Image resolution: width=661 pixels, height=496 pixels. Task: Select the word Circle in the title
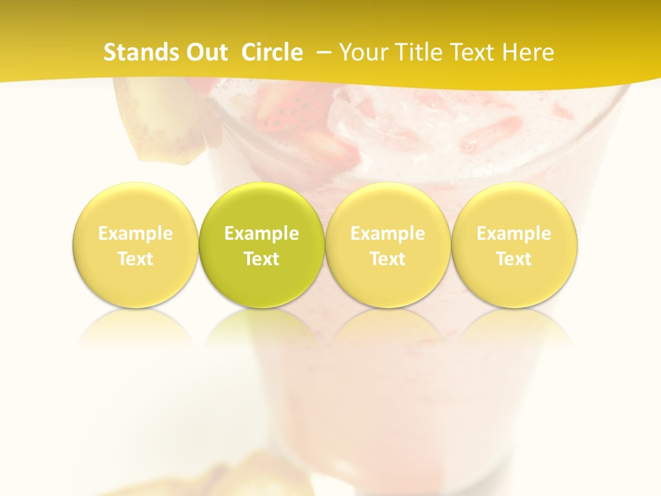(x=272, y=52)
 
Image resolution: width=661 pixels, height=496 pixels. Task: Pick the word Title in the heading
(x=419, y=52)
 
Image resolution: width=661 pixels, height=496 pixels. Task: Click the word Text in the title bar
(x=474, y=52)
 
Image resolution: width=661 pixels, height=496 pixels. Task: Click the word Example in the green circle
(x=262, y=234)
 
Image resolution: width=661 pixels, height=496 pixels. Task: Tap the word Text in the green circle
(x=262, y=259)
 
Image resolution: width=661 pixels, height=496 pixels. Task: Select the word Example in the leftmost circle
(x=136, y=234)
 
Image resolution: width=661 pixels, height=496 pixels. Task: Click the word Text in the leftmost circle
(x=136, y=259)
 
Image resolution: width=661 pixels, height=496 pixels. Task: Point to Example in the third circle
(x=388, y=234)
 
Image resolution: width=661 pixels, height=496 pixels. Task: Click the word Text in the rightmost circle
(x=514, y=259)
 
